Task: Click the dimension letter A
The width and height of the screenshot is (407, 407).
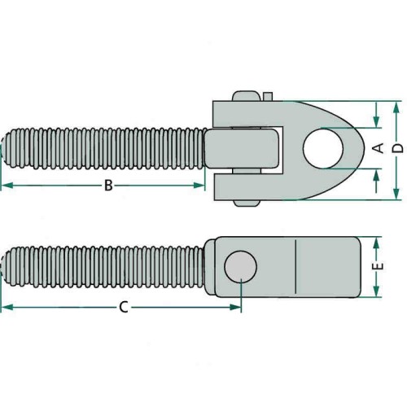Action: (379, 148)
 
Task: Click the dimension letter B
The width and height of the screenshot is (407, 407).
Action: (108, 186)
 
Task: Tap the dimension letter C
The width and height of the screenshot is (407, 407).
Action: (124, 308)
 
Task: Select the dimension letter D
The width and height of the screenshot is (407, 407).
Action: (398, 148)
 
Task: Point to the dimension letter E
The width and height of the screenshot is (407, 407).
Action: (379, 266)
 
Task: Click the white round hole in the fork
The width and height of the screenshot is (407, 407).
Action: (323, 148)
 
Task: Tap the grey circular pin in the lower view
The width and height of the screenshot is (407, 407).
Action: (241, 267)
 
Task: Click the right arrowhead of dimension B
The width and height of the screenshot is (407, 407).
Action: (199, 186)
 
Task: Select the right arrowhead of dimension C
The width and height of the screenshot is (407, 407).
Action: (235, 308)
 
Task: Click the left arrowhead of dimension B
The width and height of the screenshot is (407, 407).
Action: (7, 186)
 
